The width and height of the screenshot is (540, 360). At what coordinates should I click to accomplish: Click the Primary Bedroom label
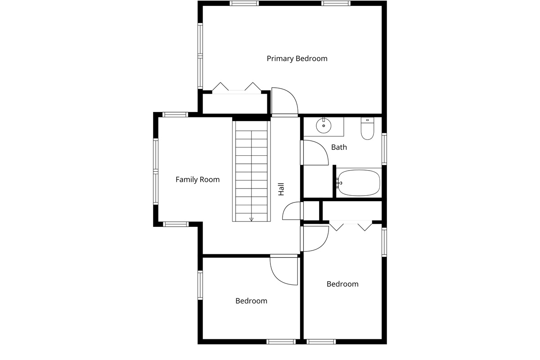point(297,58)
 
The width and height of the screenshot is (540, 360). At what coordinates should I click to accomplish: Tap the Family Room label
point(198,180)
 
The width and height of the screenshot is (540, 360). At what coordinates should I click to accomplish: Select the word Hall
point(281,189)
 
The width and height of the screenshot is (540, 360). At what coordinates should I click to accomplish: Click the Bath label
point(339,147)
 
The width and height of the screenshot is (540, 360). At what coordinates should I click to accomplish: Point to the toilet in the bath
point(367,129)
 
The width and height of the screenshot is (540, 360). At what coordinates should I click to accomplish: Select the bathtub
point(359,183)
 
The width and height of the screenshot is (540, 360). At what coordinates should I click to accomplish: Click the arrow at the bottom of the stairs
point(251,219)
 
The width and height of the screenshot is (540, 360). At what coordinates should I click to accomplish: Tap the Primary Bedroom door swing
point(284,101)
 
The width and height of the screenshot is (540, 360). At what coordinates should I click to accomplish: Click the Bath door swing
point(315,153)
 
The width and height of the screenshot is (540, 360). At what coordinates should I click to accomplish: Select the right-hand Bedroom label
point(342,284)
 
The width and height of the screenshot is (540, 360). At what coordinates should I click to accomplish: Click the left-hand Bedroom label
point(251,301)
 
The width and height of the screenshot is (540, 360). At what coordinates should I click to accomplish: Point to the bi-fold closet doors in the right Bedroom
point(351,225)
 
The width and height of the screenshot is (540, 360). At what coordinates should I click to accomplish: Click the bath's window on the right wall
point(384,148)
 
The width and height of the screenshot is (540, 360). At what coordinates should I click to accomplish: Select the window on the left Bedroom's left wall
point(200,285)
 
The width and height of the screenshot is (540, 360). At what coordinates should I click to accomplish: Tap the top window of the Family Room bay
point(175,114)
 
